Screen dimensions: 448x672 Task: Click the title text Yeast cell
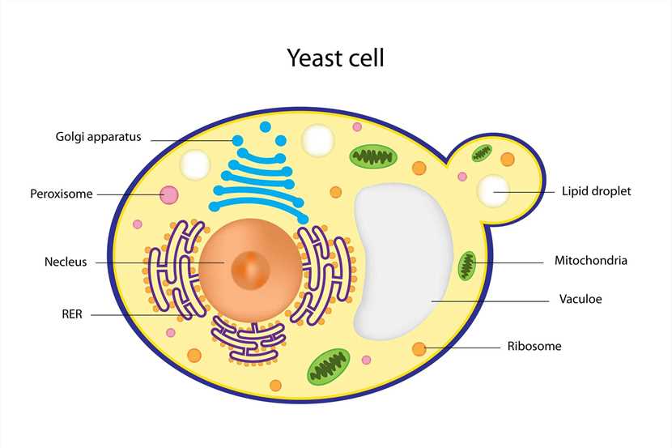pyautogui.click(x=335, y=58)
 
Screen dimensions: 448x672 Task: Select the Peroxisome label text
pyautogui.click(x=62, y=194)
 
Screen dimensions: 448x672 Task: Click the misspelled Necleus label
pyautogui.click(x=66, y=262)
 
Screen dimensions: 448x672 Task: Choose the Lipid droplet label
pyautogui.click(x=596, y=192)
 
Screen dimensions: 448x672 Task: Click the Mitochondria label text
pyautogui.click(x=590, y=261)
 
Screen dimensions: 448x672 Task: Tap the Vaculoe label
pyautogui.click(x=580, y=299)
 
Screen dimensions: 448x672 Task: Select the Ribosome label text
pyautogui.click(x=534, y=346)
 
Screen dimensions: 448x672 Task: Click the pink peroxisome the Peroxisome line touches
pyautogui.click(x=169, y=194)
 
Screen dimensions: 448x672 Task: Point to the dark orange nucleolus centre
pyautogui.click(x=251, y=266)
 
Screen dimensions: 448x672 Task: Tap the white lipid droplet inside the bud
pyautogui.click(x=493, y=191)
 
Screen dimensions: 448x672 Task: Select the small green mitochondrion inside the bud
pyautogui.click(x=483, y=151)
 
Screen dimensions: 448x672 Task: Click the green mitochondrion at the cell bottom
pyautogui.click(x=328, y=366)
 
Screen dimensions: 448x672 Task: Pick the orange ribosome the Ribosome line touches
pyautogui.click(x=419, y=348)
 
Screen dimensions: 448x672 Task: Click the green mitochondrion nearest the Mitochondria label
pyautogui.click(x=467, y=265)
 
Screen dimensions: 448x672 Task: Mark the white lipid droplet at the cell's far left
pyautogui.click(x=195, y=164)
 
